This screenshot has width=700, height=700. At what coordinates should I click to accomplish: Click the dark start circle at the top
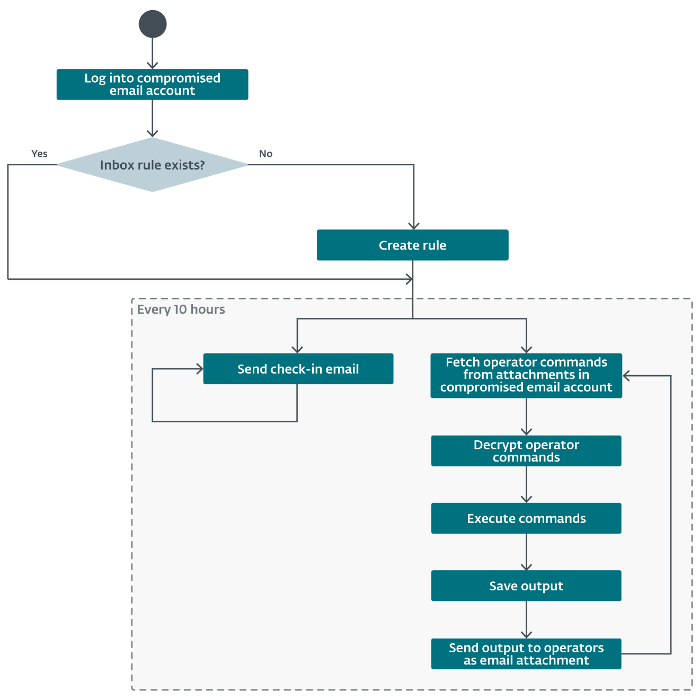pos(153,24)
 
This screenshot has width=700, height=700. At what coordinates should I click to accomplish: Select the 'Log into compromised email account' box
pos(153,84)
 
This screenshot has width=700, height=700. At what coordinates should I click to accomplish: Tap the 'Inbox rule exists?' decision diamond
pos(153,165)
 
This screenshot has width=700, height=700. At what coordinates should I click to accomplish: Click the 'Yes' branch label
pos(39,154)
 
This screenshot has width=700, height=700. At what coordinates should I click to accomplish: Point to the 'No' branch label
pos(265,154)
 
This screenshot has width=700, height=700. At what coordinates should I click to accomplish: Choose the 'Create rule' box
pos(412,245)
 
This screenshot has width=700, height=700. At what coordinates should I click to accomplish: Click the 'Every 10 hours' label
pos(181,309)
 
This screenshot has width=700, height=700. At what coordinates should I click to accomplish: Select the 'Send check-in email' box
pos(298,369)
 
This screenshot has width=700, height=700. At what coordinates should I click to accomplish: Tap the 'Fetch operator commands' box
pos(526,375)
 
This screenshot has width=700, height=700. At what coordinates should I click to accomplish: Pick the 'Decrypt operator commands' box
pos(526,451)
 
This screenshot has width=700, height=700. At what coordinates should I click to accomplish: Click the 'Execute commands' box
pos(526,518)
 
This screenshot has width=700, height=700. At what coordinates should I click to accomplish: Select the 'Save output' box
pos(526,586)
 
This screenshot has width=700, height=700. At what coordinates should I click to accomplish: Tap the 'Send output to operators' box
pos(526,654)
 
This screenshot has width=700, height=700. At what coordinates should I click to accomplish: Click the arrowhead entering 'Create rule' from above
pos(413,226)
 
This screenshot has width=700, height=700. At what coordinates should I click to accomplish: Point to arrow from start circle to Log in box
pos(153,53)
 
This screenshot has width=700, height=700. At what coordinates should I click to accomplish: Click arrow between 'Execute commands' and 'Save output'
pos(526,552)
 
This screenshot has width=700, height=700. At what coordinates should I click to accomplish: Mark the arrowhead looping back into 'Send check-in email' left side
pos(199,369)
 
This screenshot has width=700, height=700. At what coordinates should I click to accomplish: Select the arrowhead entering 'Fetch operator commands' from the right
pos(627,376)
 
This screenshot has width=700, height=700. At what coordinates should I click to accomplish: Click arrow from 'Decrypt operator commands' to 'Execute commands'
pos(526,484)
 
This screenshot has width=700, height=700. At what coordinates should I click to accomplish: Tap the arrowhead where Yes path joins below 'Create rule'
pos(409,279)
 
